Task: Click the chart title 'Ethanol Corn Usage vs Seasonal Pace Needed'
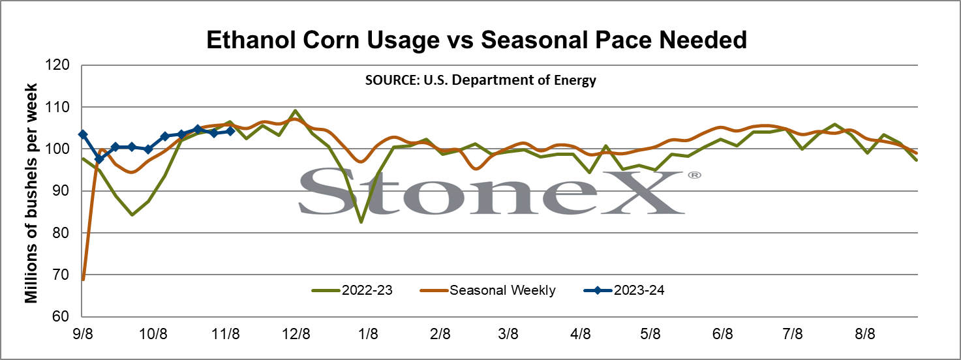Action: click(x=477, y=40)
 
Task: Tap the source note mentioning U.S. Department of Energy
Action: click(x=480, y=80)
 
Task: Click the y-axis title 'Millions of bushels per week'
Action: click(x=31, y=194)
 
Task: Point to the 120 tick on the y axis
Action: click(x=57, y=65)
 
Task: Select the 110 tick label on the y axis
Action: click(x=57, y=107)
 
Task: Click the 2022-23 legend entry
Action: click(x=352, y=290)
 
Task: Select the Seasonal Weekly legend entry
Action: click(x=488, y=290)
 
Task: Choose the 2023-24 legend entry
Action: click(x=624, y=290)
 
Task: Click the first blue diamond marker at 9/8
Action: click(x=83, y=134)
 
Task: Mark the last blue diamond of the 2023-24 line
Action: click(x=230, y=131)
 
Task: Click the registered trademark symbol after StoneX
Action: click(x=694, y=175)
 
